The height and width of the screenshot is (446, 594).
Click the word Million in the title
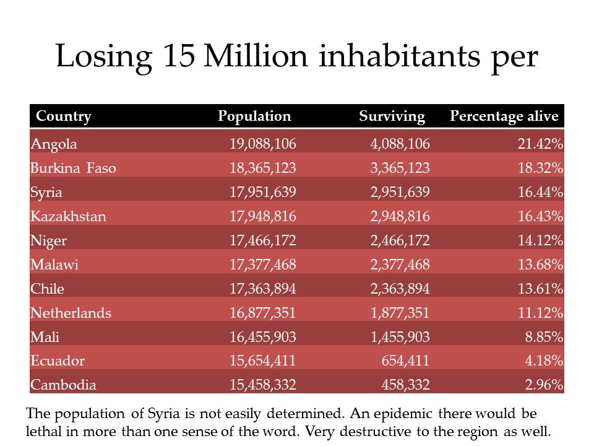[256, 56]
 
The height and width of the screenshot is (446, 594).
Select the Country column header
[64, 116]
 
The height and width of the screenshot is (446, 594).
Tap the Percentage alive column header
[504, 116]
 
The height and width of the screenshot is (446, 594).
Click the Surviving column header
[392, 116]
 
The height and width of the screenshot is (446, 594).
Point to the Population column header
[254, 116]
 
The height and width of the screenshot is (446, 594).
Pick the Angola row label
[54, 144]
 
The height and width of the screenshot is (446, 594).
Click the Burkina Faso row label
[73, 168]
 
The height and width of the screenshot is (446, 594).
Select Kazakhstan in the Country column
[68, 216]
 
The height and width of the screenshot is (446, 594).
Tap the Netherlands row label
[71, 313]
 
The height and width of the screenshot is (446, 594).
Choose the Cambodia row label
[63, 385]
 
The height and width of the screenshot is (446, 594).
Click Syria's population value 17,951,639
[263, 192]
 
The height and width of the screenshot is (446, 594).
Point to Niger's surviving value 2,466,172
[400, 240]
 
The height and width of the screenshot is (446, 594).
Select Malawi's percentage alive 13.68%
[541, 265]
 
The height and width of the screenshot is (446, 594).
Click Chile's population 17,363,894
[263, 289]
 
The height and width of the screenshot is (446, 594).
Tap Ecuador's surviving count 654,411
[405, 361]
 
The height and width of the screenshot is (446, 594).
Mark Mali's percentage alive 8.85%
[544, 337]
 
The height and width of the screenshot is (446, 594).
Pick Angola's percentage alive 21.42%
[541, 144]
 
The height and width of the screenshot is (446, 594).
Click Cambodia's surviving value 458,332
[405, 385]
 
